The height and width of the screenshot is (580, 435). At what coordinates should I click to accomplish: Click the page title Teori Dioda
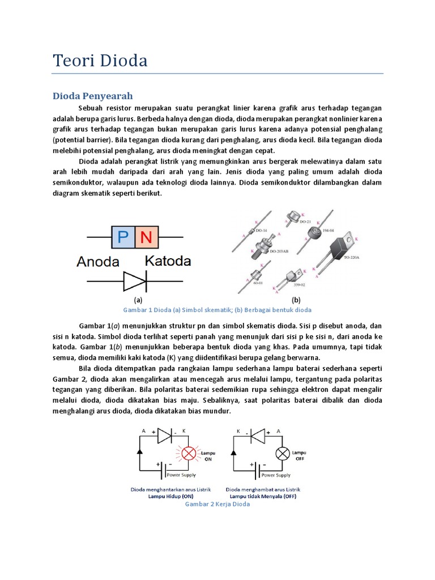click(x=100, y=60)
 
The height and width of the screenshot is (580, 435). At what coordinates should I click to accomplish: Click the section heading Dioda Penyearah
click(x=92, y=95)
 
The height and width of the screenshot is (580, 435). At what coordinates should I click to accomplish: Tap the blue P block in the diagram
click(x=123, y=237)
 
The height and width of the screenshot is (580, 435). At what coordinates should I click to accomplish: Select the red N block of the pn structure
click(x=146, y=237)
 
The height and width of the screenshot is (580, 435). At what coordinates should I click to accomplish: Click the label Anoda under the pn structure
click(x=98, y=262)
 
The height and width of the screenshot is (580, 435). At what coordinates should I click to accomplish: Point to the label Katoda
click(x=168, y=261)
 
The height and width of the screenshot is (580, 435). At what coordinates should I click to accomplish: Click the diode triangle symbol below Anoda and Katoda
click(x=135, y=281)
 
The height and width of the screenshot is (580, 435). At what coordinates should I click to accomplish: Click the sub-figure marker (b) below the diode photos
click(x=296, y=300)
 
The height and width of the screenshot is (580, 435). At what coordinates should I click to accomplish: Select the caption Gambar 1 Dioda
click(x=217, y=310)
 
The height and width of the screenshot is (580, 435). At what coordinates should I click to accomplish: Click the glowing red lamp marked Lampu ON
click(x=187, y=453)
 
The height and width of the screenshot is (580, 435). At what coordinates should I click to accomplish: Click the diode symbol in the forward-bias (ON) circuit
click(x=164, y=435)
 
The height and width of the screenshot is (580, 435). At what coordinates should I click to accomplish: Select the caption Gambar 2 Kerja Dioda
click(x=217, y=504)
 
